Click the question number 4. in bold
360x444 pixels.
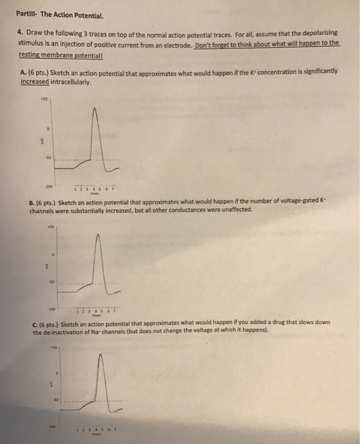22,32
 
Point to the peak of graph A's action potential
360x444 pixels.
95,109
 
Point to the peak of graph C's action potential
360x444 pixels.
95,358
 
